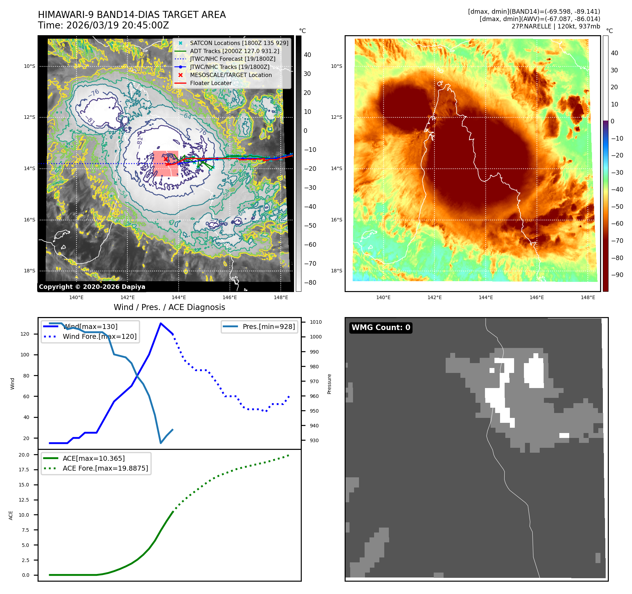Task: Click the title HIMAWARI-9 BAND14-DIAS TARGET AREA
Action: click(132, 15)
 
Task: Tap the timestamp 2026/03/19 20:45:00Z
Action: click(118, 26)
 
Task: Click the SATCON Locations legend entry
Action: click(239, 43)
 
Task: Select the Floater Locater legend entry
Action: click(211, 83)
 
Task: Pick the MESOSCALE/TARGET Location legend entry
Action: click(231, 75)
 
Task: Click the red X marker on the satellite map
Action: click(166, 159)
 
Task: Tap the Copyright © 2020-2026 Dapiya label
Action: click(92, 287)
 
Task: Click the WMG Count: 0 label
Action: click(381, 328)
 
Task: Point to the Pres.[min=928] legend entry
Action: click(268, 327)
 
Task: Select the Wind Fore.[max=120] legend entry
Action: click(99, 336)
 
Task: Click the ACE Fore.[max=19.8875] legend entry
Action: click(105, 468)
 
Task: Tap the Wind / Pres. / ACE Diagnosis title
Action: click(169, 307)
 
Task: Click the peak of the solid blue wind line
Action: click(161, 323)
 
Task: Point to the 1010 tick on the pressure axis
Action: click(315, 322)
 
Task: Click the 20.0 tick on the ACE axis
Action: click(24, 455)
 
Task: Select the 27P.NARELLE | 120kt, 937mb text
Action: click(556, 26)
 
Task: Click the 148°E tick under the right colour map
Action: click(588, 297)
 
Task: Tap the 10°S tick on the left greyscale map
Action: click(29, 66)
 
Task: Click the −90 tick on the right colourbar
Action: click(617, 275)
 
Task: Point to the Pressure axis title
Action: click(329, 384)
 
